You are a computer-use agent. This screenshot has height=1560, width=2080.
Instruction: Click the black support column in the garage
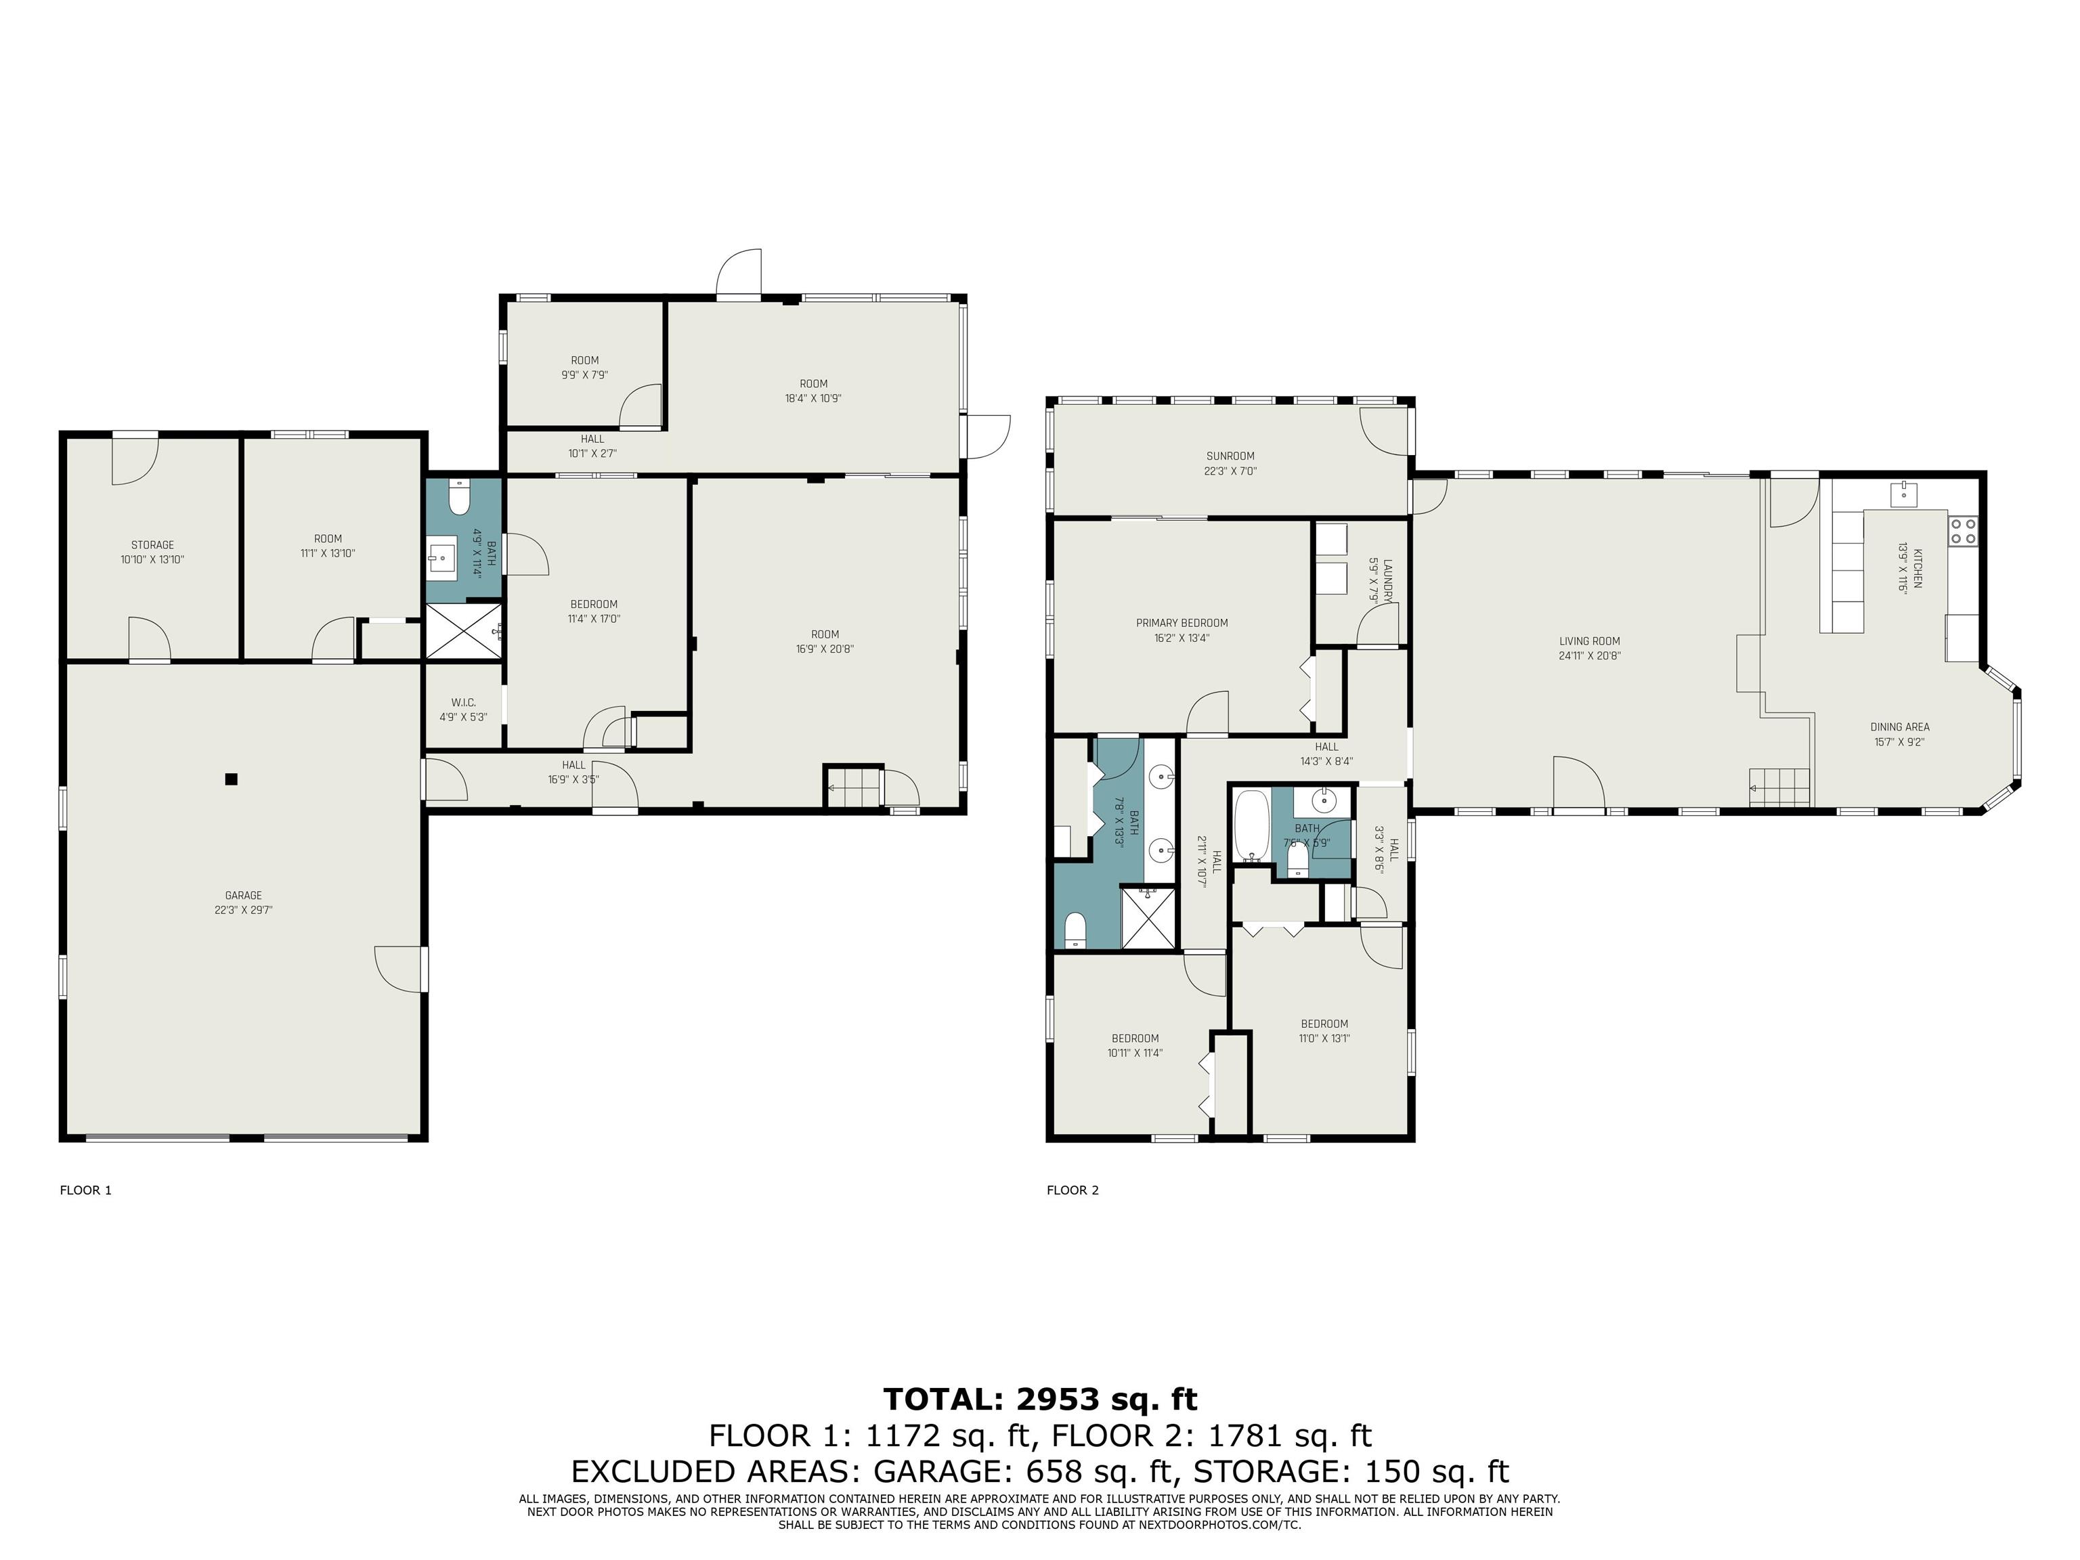232,779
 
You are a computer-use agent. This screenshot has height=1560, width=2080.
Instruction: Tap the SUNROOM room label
1230,456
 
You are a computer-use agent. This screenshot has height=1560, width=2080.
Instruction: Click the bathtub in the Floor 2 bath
1251,825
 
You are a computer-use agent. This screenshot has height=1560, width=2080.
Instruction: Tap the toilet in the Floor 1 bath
459,496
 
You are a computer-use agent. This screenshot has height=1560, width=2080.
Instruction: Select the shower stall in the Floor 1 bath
464,630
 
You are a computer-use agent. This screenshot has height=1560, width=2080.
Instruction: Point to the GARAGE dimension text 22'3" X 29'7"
244,910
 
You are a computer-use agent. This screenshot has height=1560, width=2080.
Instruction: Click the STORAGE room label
152,544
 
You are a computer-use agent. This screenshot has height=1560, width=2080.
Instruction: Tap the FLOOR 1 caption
85,1190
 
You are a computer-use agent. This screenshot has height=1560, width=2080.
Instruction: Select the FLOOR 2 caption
1073,1190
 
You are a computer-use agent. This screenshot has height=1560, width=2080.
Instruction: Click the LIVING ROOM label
1589,641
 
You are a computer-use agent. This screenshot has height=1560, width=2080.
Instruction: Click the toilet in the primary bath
1076,930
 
